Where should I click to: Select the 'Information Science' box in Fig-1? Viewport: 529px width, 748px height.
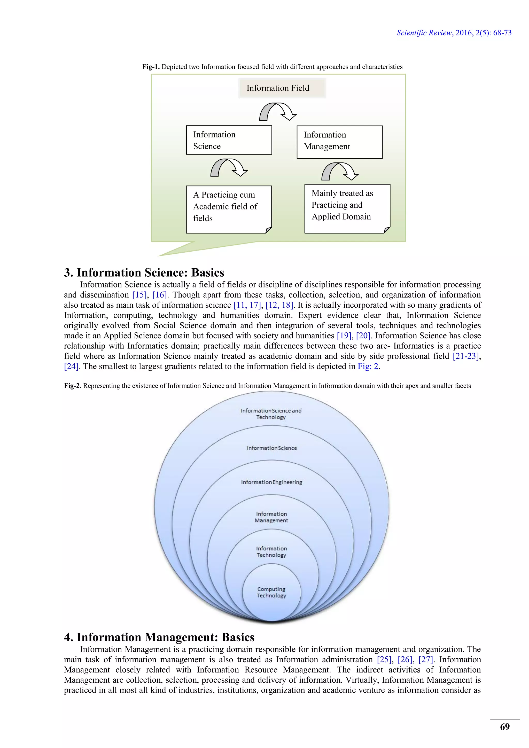point(229,140)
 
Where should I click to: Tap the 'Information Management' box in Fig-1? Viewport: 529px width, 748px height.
point(339,142)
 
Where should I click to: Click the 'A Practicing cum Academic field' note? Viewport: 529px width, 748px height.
point(229,209)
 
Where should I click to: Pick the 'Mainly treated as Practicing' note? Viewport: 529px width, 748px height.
point(347,208)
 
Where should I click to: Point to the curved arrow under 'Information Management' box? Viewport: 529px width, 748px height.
point(340,171)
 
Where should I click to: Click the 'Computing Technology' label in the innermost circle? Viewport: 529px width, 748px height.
point(271,592)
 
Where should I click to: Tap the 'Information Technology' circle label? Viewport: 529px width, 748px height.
point(271,551)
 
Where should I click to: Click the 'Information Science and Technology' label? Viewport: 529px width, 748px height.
point(271,414)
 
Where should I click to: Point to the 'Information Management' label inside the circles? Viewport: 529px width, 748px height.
point(271,517)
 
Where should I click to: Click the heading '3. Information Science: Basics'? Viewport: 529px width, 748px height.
point(144,272)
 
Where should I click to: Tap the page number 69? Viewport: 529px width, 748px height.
point(504,727)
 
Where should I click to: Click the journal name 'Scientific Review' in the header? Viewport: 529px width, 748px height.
point(424,33)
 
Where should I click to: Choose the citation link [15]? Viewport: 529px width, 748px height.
point(139,295)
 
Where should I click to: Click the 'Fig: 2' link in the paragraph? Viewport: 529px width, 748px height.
point(368,367)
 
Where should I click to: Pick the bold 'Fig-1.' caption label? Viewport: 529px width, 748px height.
point(151,67)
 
